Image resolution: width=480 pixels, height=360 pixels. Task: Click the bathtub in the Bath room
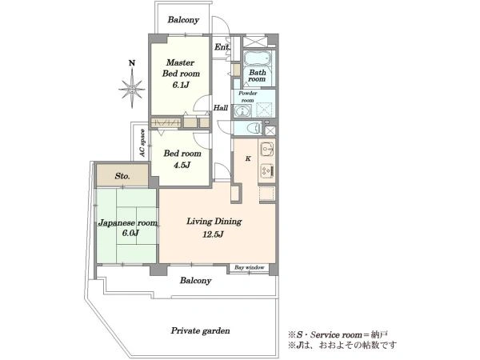(258, 58)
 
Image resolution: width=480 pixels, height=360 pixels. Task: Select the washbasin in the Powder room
(242, 111)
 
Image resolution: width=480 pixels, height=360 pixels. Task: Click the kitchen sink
(266, 150)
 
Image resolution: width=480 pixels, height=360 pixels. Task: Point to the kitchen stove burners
(266, 171)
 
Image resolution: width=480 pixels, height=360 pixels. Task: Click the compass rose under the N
(132, 88)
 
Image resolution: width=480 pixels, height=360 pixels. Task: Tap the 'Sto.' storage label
(122, 176)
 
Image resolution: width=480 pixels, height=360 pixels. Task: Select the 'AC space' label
(142, 143)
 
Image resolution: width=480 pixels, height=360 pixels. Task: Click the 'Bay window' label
(249, 267)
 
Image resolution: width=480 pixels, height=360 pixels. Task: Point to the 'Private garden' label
(200, 330)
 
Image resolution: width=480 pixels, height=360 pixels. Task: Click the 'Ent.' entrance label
(222, 47)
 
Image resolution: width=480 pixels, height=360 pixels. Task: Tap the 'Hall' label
(221, 108)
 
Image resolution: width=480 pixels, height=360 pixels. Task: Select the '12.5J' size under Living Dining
(213, 234)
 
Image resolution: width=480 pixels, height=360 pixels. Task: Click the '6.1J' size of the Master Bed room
(181, 85)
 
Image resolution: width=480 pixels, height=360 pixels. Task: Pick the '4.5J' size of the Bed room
(182, 165)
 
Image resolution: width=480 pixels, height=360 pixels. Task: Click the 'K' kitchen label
(248, 158)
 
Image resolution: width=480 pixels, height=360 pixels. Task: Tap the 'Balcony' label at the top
(183, 20)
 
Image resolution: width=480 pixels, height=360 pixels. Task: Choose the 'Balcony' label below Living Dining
(196, 281)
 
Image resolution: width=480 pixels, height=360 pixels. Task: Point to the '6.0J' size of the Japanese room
(130, 234)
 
